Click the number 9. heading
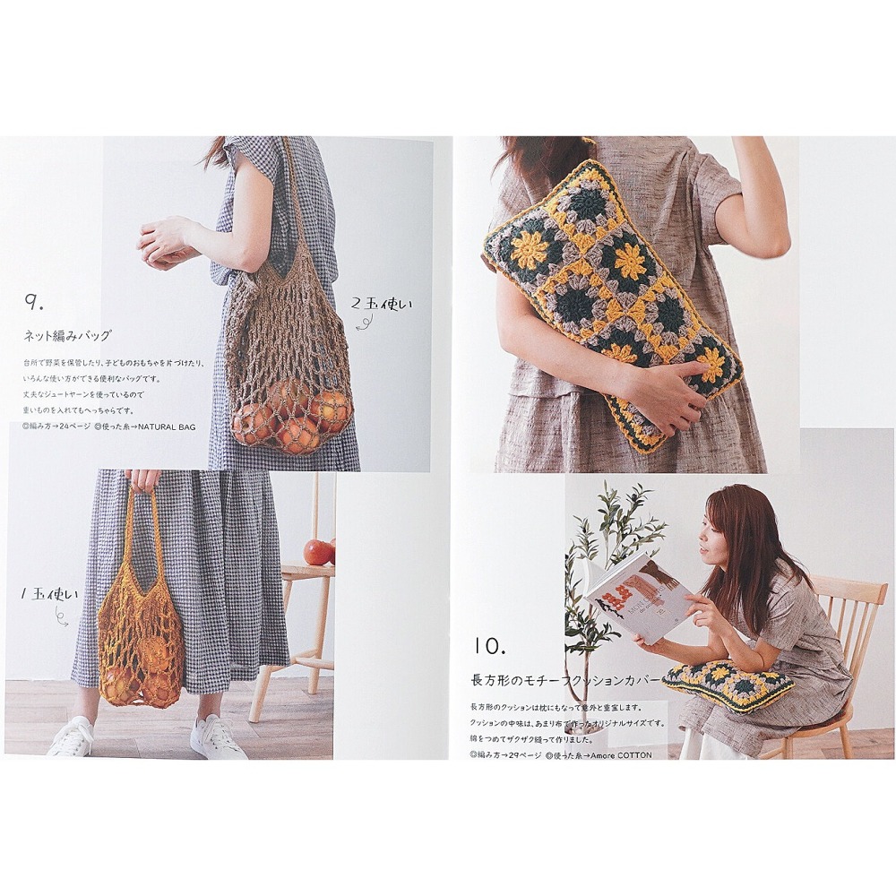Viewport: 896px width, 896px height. (x=37, y=303)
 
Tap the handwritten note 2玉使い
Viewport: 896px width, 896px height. (x=383, y=305)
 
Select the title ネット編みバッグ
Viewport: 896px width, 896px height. (x=67, y=336)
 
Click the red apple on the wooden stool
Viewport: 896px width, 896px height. (x=318, y=552)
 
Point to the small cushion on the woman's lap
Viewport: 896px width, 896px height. (x=728, y=685)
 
